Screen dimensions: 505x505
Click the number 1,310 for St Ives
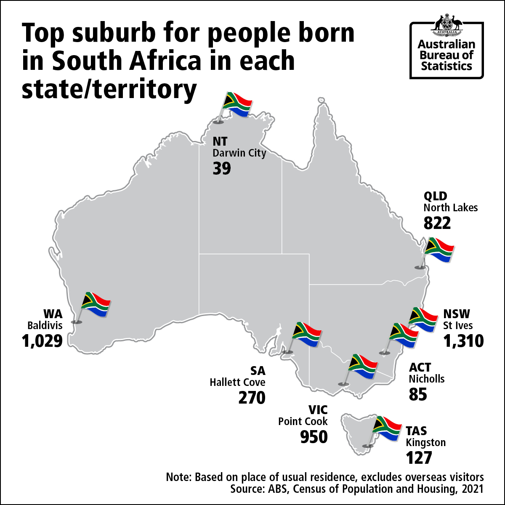[x=463, y=341]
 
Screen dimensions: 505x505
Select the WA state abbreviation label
[x=53, y=314]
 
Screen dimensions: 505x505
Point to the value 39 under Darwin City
[x=222, y=168]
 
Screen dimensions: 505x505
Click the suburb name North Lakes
[x=450, y=207]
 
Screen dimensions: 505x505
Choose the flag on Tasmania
[x=386, y=429]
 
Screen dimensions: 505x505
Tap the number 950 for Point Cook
[x=314, y=437]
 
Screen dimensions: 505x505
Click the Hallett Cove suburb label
[x=238, y=382]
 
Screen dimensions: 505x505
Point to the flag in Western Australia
[x=96, y=303]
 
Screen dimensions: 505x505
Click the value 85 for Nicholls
[x=418, y=394]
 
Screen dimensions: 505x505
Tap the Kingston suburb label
[x=425, y=443]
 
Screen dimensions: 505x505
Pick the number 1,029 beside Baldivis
[x=42, y=340]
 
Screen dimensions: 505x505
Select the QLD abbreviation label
[x=435, y=196]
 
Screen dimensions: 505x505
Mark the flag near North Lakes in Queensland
[x=439, y=250]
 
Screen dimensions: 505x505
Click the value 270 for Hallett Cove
[x=252, y=397]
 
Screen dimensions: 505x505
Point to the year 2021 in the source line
[x=473, y=489]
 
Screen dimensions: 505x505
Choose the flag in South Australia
[x=306, y=334]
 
